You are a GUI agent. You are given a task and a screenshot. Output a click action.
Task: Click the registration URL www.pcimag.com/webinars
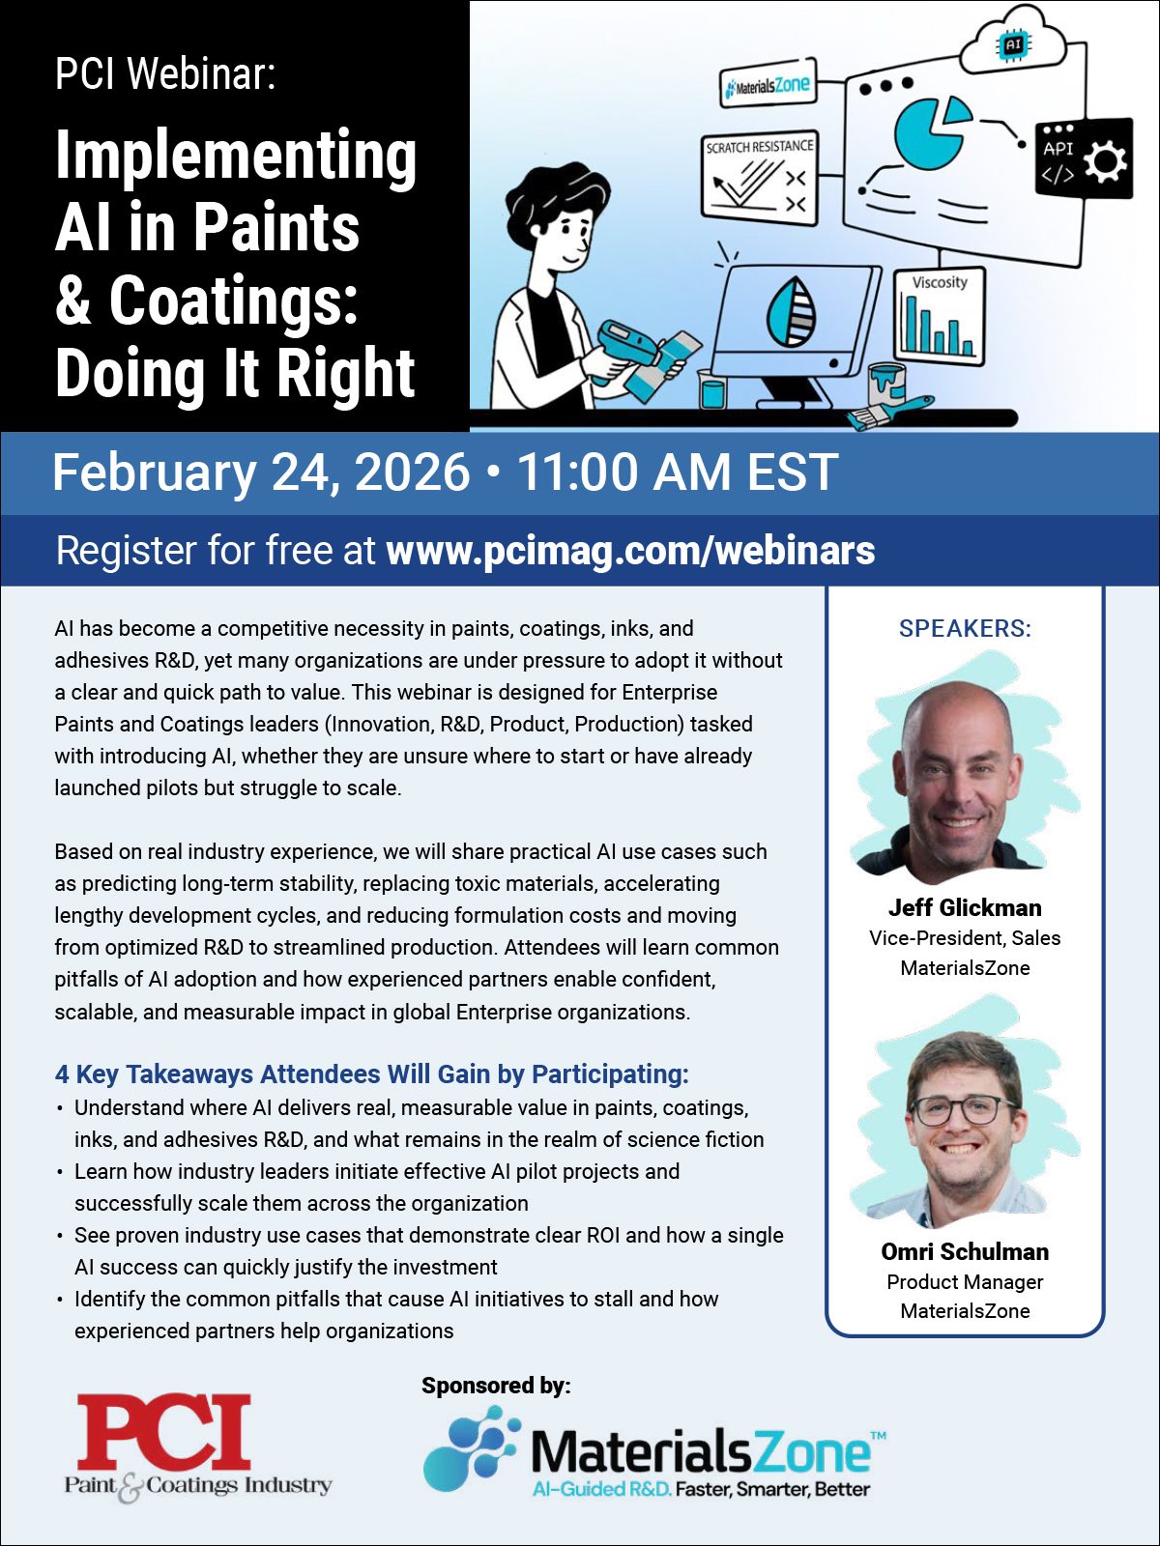coord(630,551)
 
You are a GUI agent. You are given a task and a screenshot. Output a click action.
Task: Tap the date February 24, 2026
coord(261,472)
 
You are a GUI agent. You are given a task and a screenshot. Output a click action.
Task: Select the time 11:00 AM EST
coord(677,472)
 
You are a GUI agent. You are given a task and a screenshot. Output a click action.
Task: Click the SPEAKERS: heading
coord(965,629)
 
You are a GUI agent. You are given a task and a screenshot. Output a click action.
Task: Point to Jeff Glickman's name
coord(965,908)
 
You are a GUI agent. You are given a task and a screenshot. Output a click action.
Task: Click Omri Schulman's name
coord(965,1252)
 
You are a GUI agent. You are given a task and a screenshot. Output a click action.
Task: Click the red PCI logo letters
coord(164,1432)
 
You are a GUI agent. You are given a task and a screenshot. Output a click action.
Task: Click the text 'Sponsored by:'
coord(496,1386)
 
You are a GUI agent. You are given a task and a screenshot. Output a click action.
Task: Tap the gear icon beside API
coord(1105,161)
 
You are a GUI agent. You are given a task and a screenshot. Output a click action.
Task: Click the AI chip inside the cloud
coord(1012,44)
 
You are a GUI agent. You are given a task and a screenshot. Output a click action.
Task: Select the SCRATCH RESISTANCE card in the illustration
coord(760,174)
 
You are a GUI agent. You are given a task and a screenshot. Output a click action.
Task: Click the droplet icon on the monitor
coord(791,313)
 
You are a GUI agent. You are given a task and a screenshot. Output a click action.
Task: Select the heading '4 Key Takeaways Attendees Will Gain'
coord(371,1074)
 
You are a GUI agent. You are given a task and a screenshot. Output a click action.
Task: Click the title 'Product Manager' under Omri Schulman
coord(965,1282)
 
